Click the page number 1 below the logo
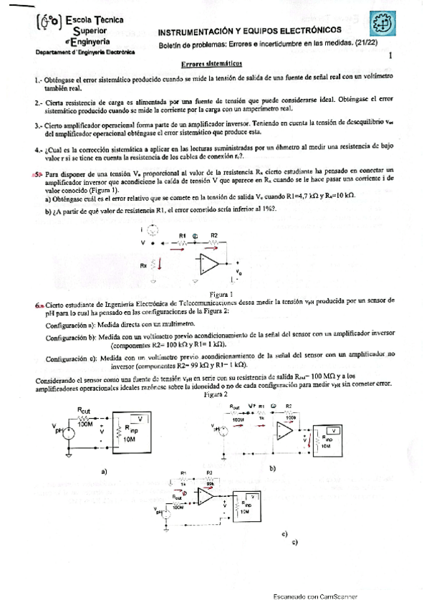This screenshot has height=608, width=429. [390, 54]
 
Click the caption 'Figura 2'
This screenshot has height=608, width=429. [215, 394]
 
